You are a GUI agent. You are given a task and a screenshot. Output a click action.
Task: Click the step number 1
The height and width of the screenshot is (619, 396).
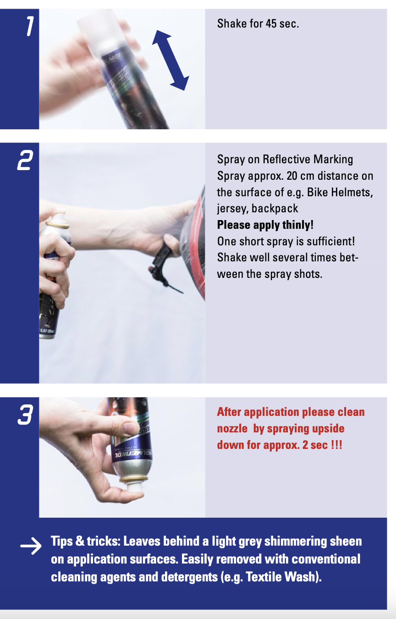click(30, 26)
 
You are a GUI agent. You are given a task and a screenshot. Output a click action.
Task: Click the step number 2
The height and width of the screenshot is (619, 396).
click(25, 160)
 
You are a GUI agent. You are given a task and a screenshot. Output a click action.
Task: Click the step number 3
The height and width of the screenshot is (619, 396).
click(25, 415)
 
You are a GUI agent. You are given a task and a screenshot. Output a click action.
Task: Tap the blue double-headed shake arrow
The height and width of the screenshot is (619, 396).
click(170, 61)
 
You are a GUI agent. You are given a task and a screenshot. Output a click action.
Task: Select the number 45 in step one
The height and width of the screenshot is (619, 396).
click(271, 24)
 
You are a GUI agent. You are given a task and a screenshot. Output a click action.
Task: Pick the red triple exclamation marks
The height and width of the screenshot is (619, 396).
click(336, 445)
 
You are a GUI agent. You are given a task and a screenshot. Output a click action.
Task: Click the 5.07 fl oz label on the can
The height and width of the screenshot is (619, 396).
click(47, 331)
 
